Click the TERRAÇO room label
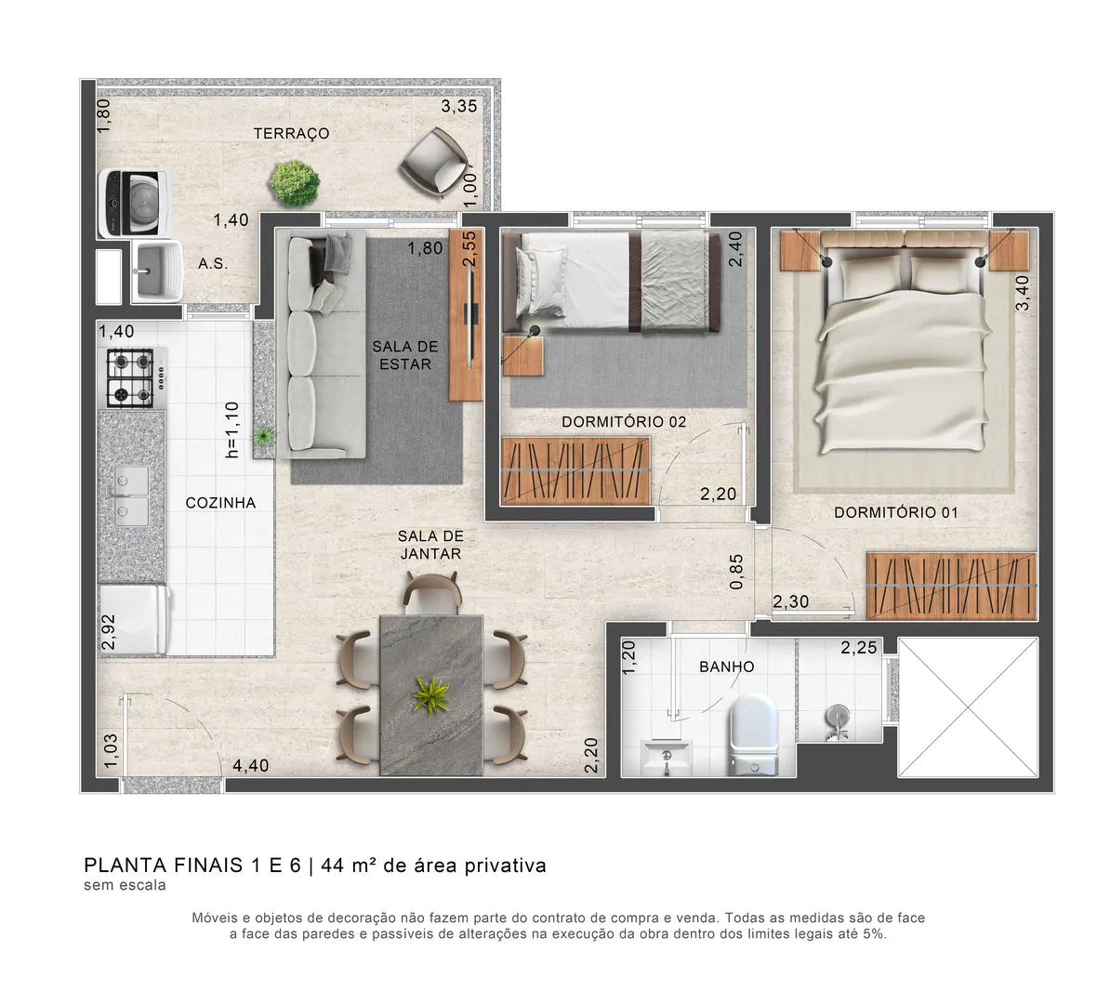[x=291, y=134]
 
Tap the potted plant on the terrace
[x=295, y=180]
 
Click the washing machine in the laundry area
[x=133, y=203]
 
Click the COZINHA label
[x=220, y=503]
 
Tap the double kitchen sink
[x=130, y=496]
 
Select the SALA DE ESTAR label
[x=404, y=355]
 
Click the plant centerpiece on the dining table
[x=430, y=693]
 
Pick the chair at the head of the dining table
[x=431, y=592]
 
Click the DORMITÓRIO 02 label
[x=624, y=422]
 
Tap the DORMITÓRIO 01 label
[x=895, y=512]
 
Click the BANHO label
[x=727, y=667]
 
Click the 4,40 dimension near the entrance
[x=250, y=766]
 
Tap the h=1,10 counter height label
[x=232, y=429]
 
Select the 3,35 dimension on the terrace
[x=459, y=106]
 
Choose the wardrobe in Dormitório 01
[x=951, y=586]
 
